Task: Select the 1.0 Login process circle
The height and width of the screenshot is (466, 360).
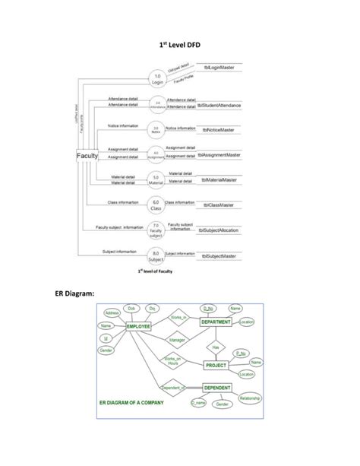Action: tap(158, 78)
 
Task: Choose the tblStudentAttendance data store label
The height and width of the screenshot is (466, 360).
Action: tap(219, 106)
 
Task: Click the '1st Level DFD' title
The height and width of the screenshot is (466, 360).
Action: tap(179, 45)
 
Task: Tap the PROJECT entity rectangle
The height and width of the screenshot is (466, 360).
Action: tap(220, 365)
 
